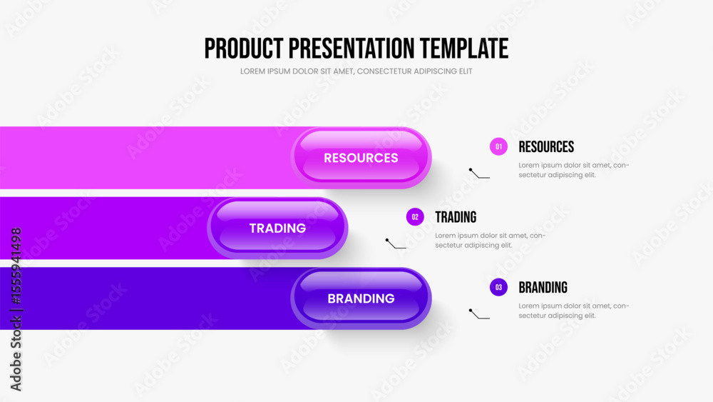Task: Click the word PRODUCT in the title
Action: point(244,49)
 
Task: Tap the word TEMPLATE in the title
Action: point(464,49)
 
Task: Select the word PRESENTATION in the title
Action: point(352,49)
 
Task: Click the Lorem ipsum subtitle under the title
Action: point(356,71)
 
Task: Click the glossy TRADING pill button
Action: point(277,228)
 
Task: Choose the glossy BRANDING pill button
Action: point(361,298)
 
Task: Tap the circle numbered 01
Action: point(498,146)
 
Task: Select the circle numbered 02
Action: point(415,217)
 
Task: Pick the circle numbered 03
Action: point(498,287)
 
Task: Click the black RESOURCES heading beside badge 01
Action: point(546,146)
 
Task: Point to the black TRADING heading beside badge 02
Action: point(456,217)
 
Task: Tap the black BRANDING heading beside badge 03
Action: point(543,287)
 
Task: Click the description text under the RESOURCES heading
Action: point(574,170)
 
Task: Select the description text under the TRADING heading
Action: point(491,241)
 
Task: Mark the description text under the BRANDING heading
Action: point(574,311)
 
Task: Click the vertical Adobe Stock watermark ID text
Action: point(16,310)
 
